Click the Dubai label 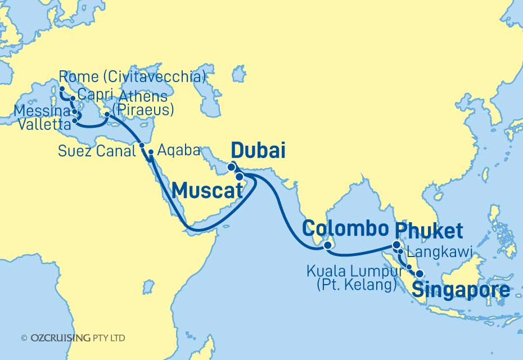pyautogui.click(x=258, y=151)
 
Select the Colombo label pyautogui.click(x=345, y=228)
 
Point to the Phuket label pyautogui.click(x=429, y=230)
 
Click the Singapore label pyautogui.click(x=461, y=290)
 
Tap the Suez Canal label pyautogui.click(x=97, y=150)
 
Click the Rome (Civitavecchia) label pyautogui.click(x=132, y=76)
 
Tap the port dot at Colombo pyautogui.click(x=328, y=245)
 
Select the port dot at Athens pyautogui.click(x=107, y=115)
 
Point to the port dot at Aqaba pyautogui.click(x=151, y=152)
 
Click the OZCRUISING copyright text pyautogui.click(x=73, y=338)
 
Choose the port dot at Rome pyautogui.click(x=61, y=88)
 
